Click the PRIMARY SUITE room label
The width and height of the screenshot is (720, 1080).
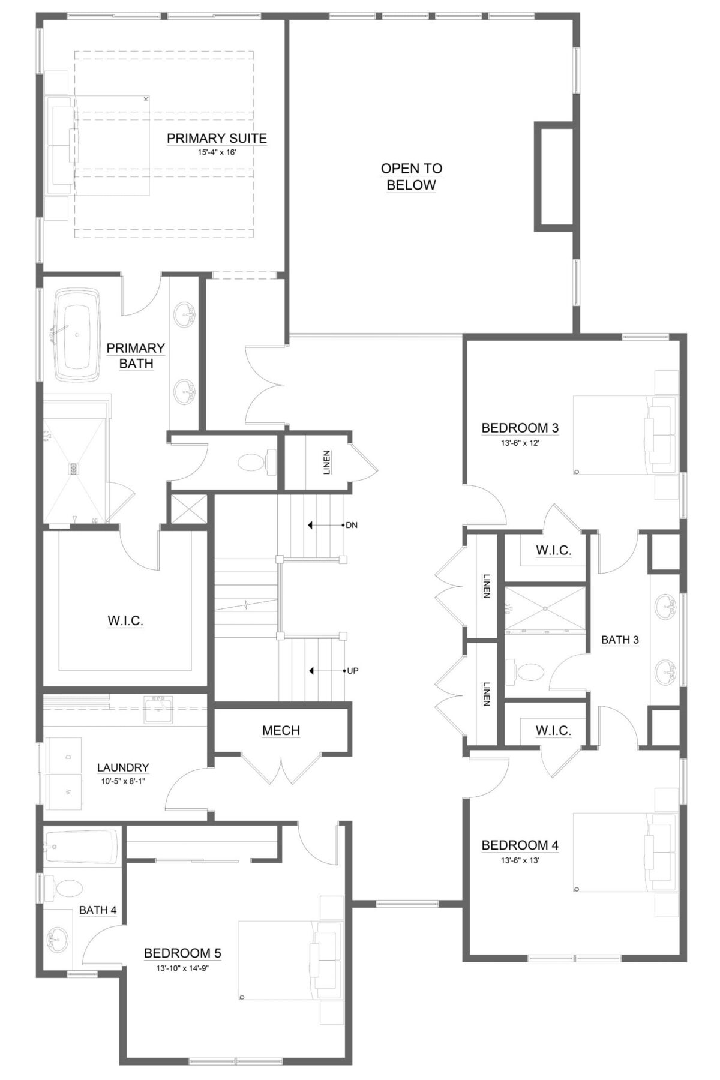tap(217, 139)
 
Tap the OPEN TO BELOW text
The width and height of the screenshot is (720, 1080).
tap(412, 176)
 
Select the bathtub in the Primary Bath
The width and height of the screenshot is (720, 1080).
tap(77, 335)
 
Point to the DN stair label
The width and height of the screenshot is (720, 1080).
tap(352, 525)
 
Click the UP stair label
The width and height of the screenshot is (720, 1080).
tap(352, 671)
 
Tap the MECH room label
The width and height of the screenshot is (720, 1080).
tap(281, 730)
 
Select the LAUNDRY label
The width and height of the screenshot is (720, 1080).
tap(123, 767)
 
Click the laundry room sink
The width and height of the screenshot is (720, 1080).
tap(157, 709)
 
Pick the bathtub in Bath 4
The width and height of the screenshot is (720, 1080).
tap(80, 847)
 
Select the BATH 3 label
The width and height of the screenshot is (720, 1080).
tap(620, 640)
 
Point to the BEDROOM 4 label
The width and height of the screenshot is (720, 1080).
tap(520, 845)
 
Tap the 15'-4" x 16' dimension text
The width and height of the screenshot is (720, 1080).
tap(217, 152)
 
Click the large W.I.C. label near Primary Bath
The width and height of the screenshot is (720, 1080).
tap(125, 621)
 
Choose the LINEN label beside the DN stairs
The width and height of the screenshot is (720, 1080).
tap(326, 463)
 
